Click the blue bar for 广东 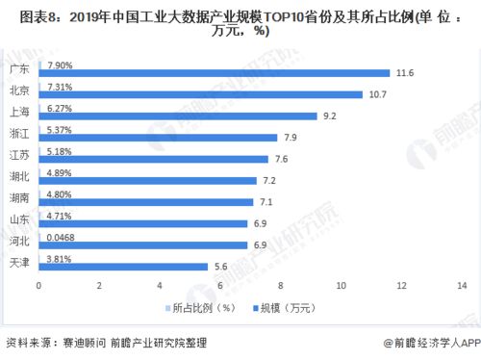(x=214, y=73)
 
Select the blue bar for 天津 (x=123, y=266)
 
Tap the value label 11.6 (x=405, y=73)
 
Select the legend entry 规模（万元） (x=283, y=307)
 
